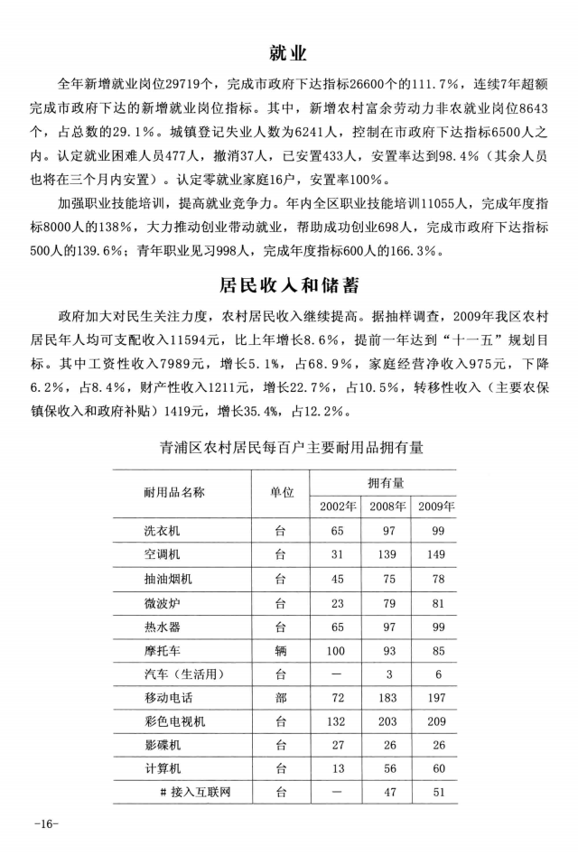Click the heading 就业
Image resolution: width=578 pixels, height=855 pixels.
[x=288, y=51]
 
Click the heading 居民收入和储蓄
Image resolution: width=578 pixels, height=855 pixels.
[x=288, y=286]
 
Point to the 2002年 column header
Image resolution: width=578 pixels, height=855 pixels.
[x=338, y=505]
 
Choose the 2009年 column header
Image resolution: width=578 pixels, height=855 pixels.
[x=436, y=505]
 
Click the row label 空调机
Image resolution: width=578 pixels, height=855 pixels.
[x=163, y=553]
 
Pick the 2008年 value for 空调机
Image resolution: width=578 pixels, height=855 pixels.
[x=387, y=553]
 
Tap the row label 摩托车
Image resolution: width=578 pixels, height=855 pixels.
[x=163, y=649]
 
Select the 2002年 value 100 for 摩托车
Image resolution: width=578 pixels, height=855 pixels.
[x=338, y=649]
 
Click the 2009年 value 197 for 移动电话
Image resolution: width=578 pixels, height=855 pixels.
[x=436, y=698]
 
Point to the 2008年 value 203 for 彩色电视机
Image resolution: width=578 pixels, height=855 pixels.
[x=387, y=721]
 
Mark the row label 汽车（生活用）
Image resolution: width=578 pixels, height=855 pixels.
[x=183, y=674]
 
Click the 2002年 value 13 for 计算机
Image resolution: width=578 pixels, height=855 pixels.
[x=338, y=769]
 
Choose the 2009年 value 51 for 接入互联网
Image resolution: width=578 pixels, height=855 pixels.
[x=436, y=793]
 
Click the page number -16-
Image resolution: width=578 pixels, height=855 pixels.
[x=45, y=824]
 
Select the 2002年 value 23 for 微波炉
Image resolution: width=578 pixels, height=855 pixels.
[x=338, y=601]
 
